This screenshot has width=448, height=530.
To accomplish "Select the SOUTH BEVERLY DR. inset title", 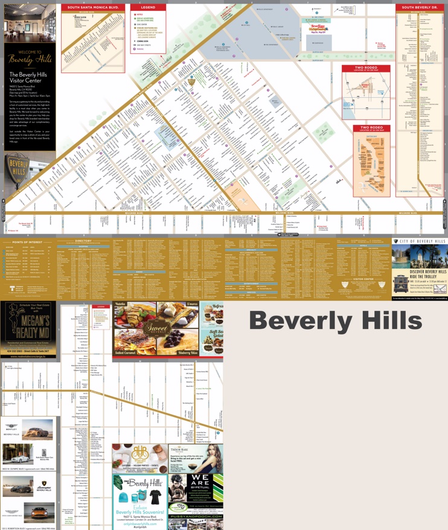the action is (x=421, y=7).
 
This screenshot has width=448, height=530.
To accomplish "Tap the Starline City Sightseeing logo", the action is (x=318, y=27).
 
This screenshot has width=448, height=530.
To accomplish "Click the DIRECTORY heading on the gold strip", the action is (x=83, y=241).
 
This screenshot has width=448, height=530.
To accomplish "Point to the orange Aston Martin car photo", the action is (x=39, y=512).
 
